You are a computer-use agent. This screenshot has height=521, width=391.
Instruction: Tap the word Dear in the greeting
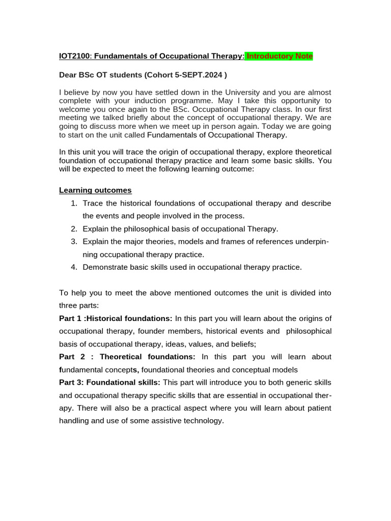[x=69, y=75]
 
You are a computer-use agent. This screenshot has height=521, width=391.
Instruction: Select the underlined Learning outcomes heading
[x=95, y=190]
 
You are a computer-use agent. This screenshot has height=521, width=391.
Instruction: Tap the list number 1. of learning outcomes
[x=74, y=204]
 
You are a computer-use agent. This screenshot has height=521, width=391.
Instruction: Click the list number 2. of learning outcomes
[x=74, y=229]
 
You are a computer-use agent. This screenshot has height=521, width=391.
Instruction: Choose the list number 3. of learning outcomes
[x=74, y=242]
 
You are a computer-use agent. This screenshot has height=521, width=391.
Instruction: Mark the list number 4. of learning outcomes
[x=74, y=267]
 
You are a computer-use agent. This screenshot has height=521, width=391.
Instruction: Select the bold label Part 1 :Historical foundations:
[x=116, y=319]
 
